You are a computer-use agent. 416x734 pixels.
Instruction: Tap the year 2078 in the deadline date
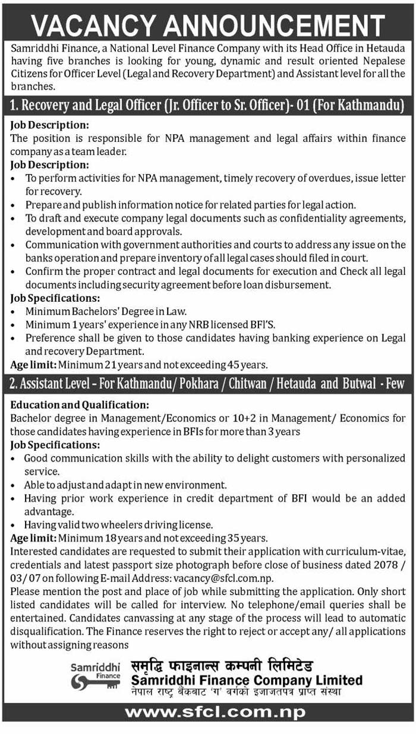(x=385, y=564)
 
